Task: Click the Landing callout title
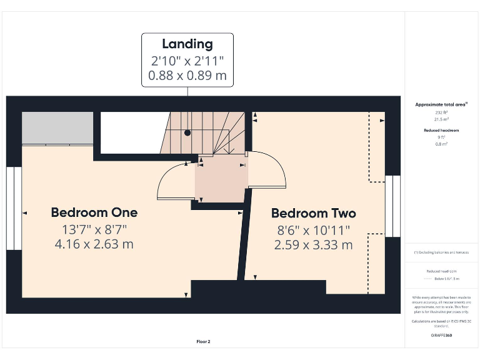pos(187,44)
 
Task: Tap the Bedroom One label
pos(94,212)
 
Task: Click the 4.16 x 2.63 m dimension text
pos(94,244)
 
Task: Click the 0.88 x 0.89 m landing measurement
pos(187,77)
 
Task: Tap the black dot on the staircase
pos(187,133)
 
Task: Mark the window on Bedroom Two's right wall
pos(392,206)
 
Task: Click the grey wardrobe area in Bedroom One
pos(57,128)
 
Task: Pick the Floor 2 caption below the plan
pos(204,342)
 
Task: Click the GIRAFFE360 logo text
pos(441,336)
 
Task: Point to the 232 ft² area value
pos(442,112)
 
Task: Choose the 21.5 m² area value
pos(442,118)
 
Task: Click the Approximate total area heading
pos(442,104)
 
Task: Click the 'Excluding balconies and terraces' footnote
pos(442,252)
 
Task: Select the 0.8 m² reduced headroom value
pos(442,144)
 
